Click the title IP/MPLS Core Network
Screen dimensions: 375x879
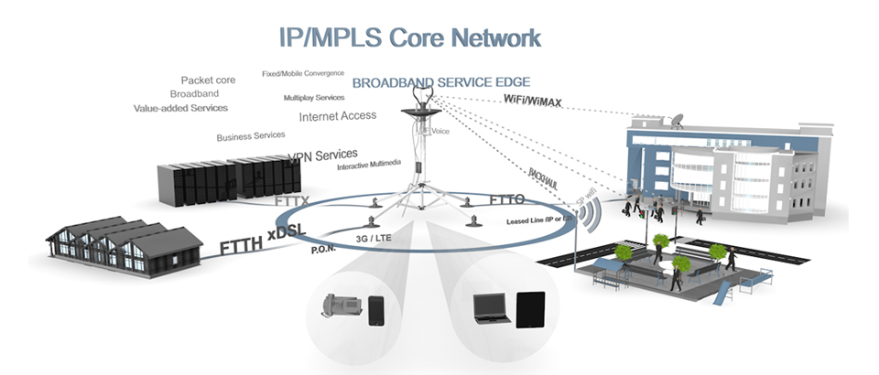click(x=409, y=37)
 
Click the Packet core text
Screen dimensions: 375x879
click(x=208, y=80)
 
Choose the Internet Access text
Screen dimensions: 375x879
click(x=337, y=116)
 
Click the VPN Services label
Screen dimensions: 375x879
click(x=323, y=156)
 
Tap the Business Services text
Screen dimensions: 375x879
click(x=251, y=136)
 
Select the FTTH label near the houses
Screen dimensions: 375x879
click(x=241, y=245)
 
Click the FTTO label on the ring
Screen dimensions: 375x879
click(x=506, y=198)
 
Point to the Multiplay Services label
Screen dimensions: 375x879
click(x=314, y=97)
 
